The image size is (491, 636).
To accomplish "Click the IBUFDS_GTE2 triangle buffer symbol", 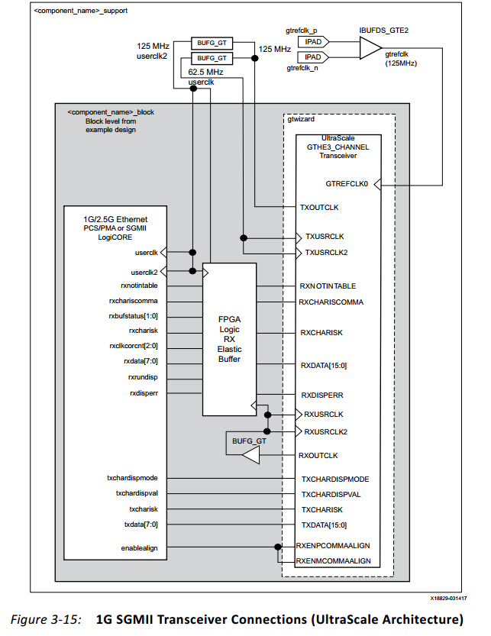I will point(370,49).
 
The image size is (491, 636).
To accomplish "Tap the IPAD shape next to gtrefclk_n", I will point(312,57).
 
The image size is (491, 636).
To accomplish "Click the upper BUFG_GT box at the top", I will point(212,44).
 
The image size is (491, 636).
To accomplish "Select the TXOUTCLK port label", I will point(320,207).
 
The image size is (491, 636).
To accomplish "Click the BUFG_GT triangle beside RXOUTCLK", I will point(247,456).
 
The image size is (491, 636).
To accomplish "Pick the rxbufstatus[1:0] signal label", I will point(133,315).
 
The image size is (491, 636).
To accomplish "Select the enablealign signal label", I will point(139,547).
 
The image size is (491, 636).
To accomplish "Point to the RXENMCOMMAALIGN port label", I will point(334,560).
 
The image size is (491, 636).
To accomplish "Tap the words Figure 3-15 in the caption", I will point(53,618).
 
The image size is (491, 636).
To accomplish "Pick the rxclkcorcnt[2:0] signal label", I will point(133,346).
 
